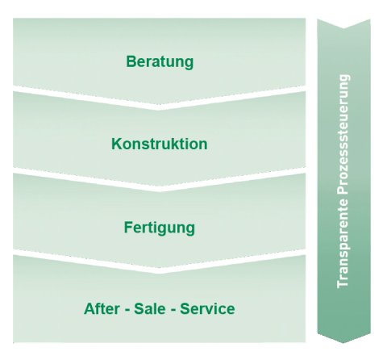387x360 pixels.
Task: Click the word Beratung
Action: (x=160, y=62)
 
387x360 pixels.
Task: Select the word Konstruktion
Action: (x=160, y=144)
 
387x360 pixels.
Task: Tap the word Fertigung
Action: (x=160, y=228)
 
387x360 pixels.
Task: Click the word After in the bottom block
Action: (x=102, y=308)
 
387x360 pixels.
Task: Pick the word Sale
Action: (x=150, y=308)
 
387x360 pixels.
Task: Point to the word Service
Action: (x=207, y=308)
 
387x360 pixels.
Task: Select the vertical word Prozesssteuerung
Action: (x=343, y=135)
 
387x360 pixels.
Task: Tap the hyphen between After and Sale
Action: (x=127, y=310)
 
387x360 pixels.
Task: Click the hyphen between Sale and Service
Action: (x=173, y=310)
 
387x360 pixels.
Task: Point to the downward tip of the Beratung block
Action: (x=159, y=104)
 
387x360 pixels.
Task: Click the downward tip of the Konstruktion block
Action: (x=160, y=186)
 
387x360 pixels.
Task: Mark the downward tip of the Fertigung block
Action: (x=160, y=268)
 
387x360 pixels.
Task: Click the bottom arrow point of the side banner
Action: (x=343, y=343)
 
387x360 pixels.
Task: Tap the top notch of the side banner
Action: (x=343, y=28)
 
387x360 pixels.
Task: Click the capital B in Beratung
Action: (x=131, y=61)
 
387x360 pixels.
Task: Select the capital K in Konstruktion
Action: (x=117, y=144)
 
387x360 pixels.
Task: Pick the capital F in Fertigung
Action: (x=129, y=228)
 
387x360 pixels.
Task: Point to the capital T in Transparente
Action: (x=342, y=283)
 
